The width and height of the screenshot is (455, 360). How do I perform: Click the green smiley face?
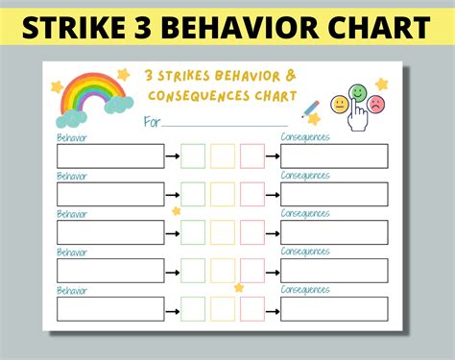click(357, 93)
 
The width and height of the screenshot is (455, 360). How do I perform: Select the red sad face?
click(376, 103)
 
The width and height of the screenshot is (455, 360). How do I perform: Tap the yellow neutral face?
click(339, 104)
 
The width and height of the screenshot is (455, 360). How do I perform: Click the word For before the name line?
click(152, 122)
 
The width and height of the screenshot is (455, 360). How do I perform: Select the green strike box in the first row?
click(193, 156)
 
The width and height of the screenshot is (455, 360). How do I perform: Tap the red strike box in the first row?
click(252, 156)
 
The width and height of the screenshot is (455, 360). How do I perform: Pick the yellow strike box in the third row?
click(223, 232)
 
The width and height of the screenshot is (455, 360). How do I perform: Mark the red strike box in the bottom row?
click(252, 308)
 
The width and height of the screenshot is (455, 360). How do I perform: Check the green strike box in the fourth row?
click(193, 271)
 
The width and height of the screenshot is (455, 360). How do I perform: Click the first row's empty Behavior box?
click(109, 156)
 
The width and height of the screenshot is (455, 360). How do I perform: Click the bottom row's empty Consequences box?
click(334, 308)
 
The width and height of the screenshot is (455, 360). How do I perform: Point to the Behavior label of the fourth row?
click(72, 252)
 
